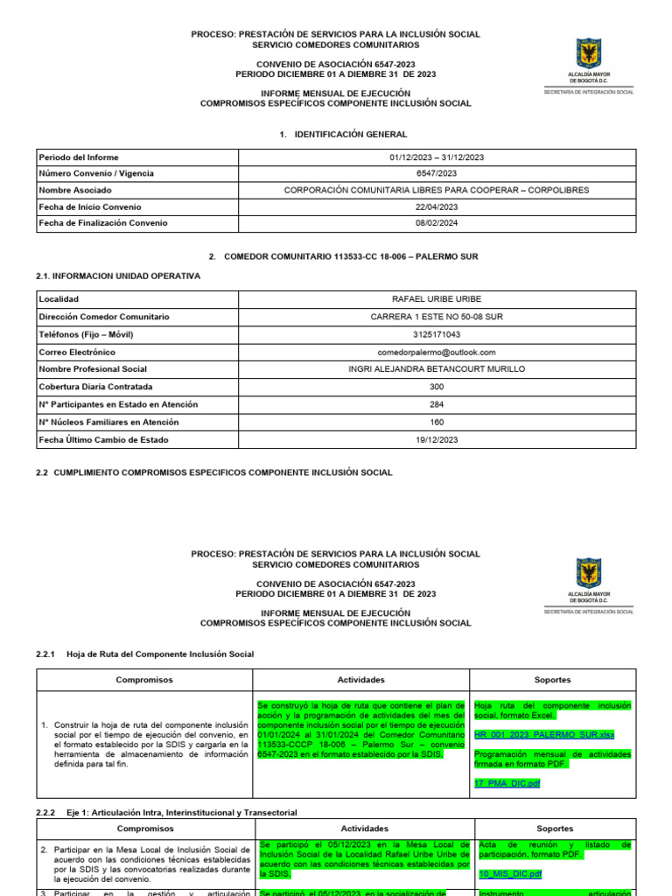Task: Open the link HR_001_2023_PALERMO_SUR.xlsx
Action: [544, 736]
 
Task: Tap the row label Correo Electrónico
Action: [77, 352]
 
